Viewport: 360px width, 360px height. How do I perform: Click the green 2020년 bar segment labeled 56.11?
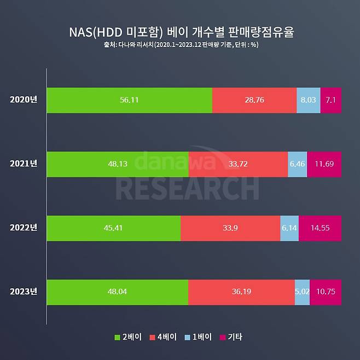[129, 100]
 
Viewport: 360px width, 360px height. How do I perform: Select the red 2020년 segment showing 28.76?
[254, 100]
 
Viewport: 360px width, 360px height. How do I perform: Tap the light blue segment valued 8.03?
[309, 100]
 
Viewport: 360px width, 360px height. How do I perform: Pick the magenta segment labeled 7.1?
[331, 100]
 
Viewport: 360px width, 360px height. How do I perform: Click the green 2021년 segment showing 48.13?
[117, 164]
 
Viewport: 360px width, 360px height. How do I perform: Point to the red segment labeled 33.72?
[238, 164]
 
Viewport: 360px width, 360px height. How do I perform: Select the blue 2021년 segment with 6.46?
[297, 164]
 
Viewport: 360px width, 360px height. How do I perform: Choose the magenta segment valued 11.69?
[324, 164]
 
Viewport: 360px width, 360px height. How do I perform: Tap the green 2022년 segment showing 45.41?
[113, 228]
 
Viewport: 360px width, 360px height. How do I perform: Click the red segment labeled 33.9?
[230, 228]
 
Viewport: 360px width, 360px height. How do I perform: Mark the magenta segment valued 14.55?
[320, 228]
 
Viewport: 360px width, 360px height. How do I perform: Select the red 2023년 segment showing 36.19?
[241, 292]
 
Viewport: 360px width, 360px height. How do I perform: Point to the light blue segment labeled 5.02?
[302, 292]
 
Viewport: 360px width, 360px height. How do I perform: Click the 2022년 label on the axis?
[23, 228]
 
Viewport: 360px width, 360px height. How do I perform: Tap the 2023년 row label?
[23, 292]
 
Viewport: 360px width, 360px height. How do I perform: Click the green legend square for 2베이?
[118, 337]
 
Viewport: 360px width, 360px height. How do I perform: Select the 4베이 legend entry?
[163, 337]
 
